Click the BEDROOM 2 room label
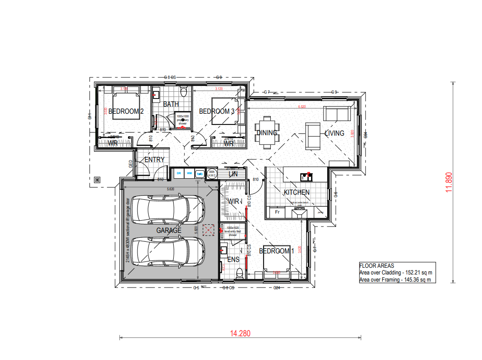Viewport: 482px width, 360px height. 126,111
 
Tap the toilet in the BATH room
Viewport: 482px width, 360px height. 183,92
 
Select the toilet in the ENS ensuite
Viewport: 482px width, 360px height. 240,272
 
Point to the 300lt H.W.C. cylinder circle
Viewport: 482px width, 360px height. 212,173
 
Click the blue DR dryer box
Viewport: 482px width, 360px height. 178,173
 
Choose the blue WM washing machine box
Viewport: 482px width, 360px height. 189,173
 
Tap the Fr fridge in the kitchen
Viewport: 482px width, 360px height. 277,212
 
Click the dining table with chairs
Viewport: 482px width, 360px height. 267,133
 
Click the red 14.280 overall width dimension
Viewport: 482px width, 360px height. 240,333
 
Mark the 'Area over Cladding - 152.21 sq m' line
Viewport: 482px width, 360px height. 397,273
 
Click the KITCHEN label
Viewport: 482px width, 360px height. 296,193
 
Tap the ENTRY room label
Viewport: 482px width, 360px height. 154,159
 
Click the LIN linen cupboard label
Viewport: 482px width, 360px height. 233,174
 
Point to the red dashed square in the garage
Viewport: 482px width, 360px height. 208,230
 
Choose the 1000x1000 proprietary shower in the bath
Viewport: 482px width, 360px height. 183,120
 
